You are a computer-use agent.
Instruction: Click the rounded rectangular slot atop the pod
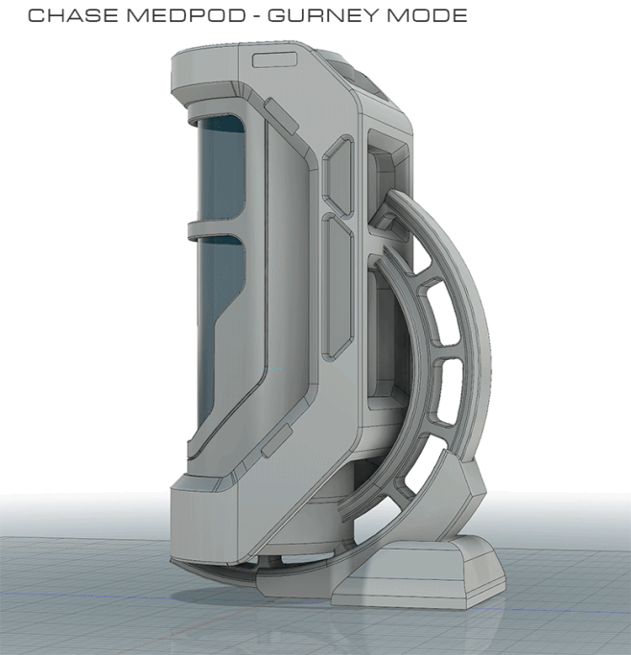tap(274, 60)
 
